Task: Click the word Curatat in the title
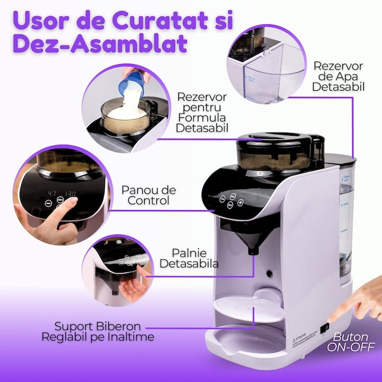click(x=159, y=21)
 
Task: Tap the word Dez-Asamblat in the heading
click(x=100, y=44)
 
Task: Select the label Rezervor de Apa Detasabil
click(x=338, y=76)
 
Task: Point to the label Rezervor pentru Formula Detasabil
click(x=202, y=112)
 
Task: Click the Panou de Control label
click(x=149, y=195)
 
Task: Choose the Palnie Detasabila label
click(x=189, y=258)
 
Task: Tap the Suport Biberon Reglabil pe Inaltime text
click(x=98, y=332)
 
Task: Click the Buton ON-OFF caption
click(x=350, y=342)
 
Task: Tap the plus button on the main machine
click(x=240, y=202)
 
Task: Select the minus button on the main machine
click(x=222, y=199)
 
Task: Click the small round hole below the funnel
click(x=269, y=273)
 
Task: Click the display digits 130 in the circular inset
click(x=70, y=194)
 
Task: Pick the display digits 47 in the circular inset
click(x=52, y=194)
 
